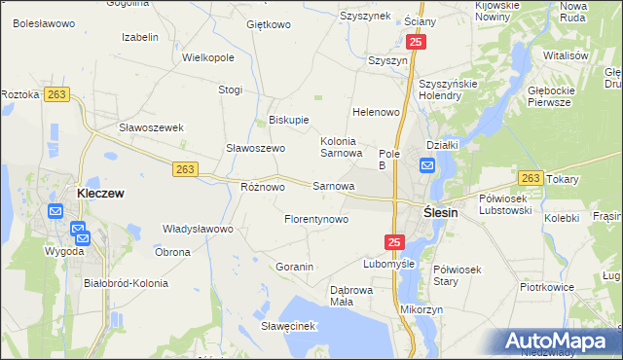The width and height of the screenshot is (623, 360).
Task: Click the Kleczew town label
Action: [x=100, y=194]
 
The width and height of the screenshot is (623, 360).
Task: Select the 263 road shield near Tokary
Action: [x=531, y=178]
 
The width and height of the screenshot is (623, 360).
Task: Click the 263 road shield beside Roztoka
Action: [x=56, y=94]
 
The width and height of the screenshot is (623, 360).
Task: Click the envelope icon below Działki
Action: [x=428, y=166]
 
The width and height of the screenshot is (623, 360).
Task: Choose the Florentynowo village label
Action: [x=315, y=220]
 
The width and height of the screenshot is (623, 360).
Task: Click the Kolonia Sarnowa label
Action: [x=342, y=147]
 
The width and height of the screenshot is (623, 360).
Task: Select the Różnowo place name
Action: [x=262, y=186]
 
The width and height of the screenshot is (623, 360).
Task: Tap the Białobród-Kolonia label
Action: [x=127, y=283]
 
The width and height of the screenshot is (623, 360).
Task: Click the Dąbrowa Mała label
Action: [x=351, y=296]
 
